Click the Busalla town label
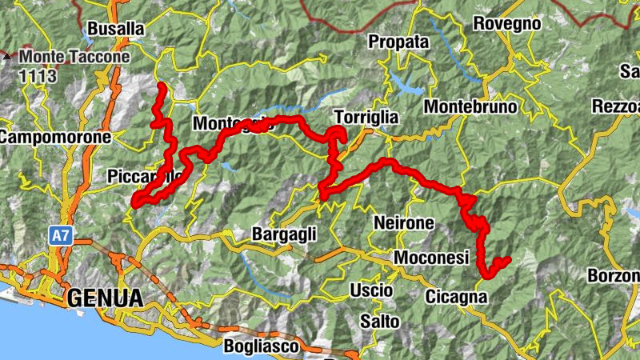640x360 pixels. pos(116,29)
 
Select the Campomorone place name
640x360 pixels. pos(54,138)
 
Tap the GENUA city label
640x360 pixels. pos(105,298)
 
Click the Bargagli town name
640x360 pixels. pos(284,234)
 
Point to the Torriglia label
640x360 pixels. pos(366,117)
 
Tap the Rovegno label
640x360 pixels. pos(507,24)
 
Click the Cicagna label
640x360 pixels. pos(456,297)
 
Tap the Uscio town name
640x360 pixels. pos(370,290)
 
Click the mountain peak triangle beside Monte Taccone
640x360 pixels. pos(7,58)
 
